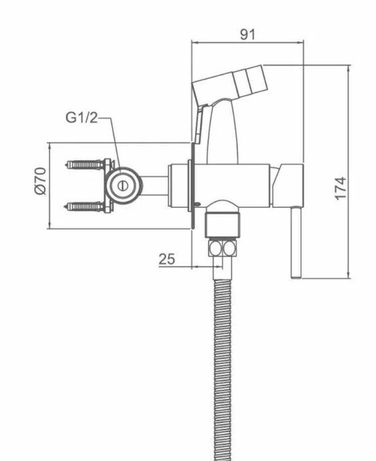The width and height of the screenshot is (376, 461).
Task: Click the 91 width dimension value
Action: [x=247, y=34]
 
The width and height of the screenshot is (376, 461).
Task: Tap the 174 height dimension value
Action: [x=341, y=188]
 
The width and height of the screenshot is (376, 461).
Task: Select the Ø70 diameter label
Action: [x=40, y=181]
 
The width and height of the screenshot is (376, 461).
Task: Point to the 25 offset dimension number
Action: [x=166, y=259]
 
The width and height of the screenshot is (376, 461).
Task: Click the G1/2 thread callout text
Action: [x=81, y=118]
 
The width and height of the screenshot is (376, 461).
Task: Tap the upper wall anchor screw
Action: [x=84, y=164]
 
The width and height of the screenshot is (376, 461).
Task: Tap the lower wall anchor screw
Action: [x=84, y=206]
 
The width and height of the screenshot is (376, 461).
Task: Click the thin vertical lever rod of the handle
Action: [x=296, y=242]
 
